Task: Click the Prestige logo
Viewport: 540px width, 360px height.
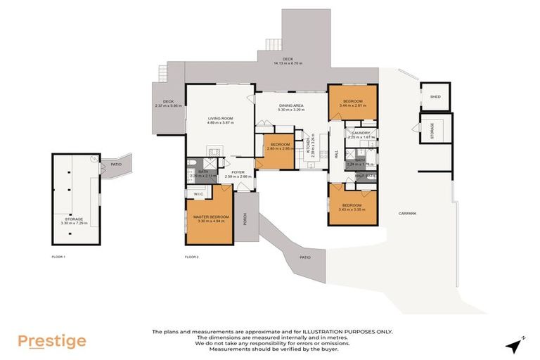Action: tap(52, 342)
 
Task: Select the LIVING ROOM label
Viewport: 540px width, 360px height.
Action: tap(219, 118)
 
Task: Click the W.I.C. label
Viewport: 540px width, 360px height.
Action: tap(198, 193)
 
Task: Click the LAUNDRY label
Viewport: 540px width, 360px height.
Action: tap(360, 133)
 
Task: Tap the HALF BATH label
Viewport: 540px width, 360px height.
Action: tap(365, 176)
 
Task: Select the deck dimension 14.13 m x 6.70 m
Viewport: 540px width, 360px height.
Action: tap(288, 63)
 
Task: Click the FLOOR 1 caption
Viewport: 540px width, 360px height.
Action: tap(59, 257)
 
